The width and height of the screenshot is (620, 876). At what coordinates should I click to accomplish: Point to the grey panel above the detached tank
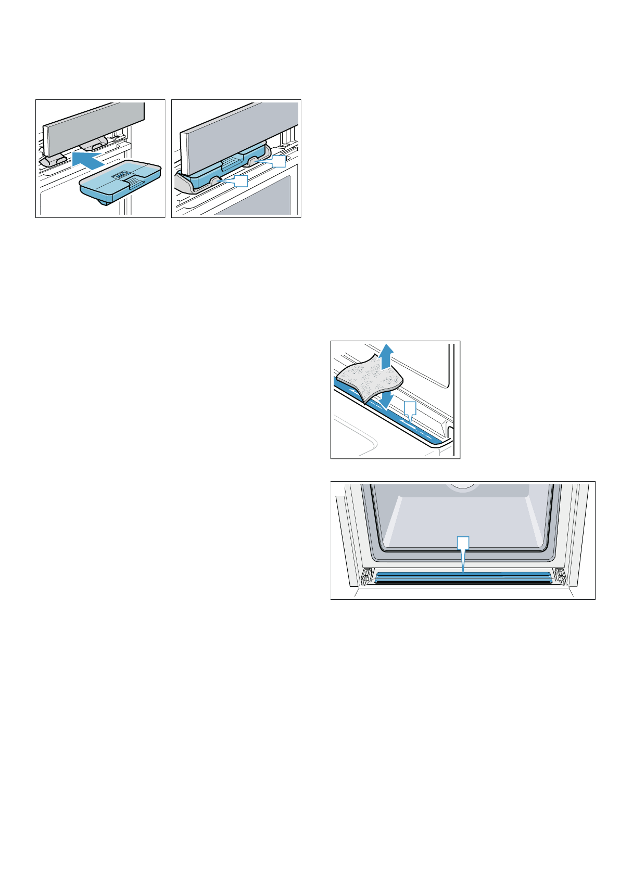tap(94, 125)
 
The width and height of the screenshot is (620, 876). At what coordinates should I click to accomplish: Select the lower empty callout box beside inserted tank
tap(240, 181)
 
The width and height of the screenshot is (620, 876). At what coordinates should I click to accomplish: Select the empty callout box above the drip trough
tap(410, 407)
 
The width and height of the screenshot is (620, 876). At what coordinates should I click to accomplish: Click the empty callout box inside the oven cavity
tap(463, 543)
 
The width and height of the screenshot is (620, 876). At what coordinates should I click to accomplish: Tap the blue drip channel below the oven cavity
tap(463, 575)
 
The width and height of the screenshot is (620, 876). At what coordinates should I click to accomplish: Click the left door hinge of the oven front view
tap(366, 576)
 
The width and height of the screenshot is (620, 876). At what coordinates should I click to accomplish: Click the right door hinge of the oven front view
tap(561, 576)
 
